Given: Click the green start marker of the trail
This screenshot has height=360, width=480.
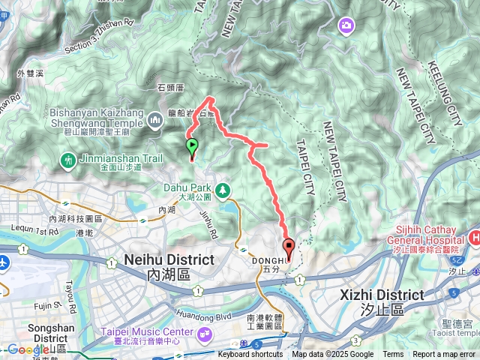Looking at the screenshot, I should (192, 145).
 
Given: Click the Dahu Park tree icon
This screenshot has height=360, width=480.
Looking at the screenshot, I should (223, 190).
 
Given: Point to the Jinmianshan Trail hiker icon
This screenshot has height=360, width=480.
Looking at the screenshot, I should (69, 159).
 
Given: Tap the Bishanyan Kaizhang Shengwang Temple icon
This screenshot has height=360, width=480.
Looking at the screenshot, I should (155, 119).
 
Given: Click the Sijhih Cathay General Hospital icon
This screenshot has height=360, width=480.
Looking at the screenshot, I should (474, 238).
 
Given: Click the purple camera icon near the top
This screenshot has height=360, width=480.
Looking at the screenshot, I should (346, 25).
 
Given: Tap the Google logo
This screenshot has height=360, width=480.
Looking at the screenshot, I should (27, 349).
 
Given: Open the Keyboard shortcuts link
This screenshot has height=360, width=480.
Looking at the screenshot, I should (250, 355).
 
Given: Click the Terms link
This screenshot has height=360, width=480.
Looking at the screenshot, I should (393, 355).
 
